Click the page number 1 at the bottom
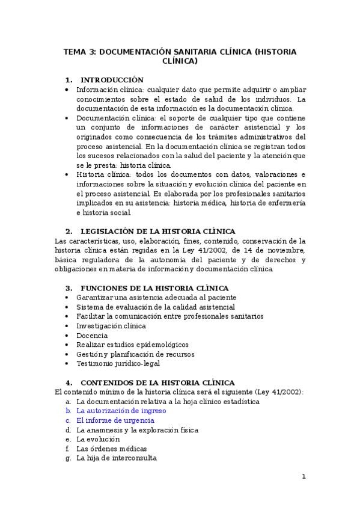point(304,476)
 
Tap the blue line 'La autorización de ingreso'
point(121,410)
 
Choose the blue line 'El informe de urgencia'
point(115,420)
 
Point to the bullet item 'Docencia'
point(92,335)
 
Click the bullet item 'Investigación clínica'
point(111,325)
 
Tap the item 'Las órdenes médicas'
point(111,449)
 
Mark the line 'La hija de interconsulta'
point(116,458)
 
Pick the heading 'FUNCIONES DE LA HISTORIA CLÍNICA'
point(154,288)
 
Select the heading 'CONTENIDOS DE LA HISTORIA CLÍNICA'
point(157,382)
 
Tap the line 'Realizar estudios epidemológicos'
point(132,345)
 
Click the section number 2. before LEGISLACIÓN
point(69,232)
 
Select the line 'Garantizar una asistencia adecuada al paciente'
point(156,297)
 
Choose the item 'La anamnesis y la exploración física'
point(137,429)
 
